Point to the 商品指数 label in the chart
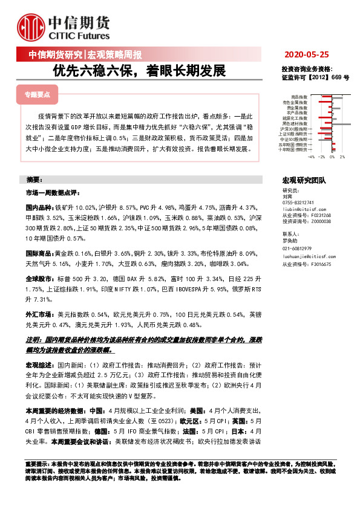tap(299, 97)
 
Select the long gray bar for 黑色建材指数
tap(338, 123)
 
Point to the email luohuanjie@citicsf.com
tap(306, 258)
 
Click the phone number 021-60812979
tap(298, 248)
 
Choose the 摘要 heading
tap(34, 180)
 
